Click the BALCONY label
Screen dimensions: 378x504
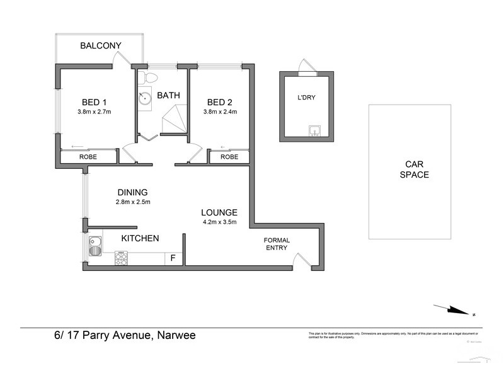click(x=100, y=45)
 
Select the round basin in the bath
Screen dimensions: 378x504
click(x=146, y=98)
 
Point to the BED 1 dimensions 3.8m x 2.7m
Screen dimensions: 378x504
click(x=93, y=113)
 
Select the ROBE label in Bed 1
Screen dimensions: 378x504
click(x=88, y=156)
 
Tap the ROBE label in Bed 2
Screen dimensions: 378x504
click(x=229, y=156)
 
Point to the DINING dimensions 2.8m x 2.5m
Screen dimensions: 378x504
click(x=132, y=202)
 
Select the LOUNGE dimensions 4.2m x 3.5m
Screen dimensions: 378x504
click(x=219, y=222)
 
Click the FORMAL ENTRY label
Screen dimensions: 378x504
click(x=276, y=244)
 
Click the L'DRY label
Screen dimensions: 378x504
click(x=307, y=98)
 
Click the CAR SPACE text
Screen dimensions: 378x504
click(x=410, y=169)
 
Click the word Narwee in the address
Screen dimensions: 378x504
click(x=175, y=335)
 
